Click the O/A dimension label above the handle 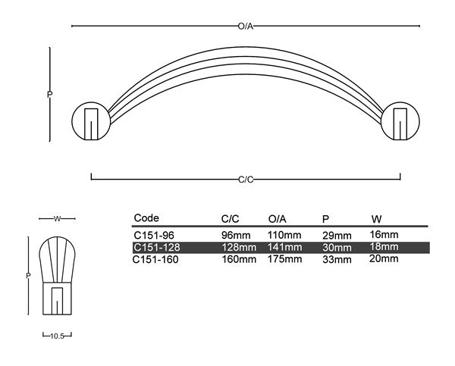[245, 27]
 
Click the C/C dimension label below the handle [246, 179]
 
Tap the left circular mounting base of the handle [91, 120]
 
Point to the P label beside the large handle [49, 95]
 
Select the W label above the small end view [57, 219]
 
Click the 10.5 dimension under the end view [57, 334]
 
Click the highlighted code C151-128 [156, 247]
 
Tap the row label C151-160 [156, 258]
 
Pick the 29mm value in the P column [337, 236]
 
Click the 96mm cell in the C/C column [236, 236]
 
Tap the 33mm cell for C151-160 [337, 259]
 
